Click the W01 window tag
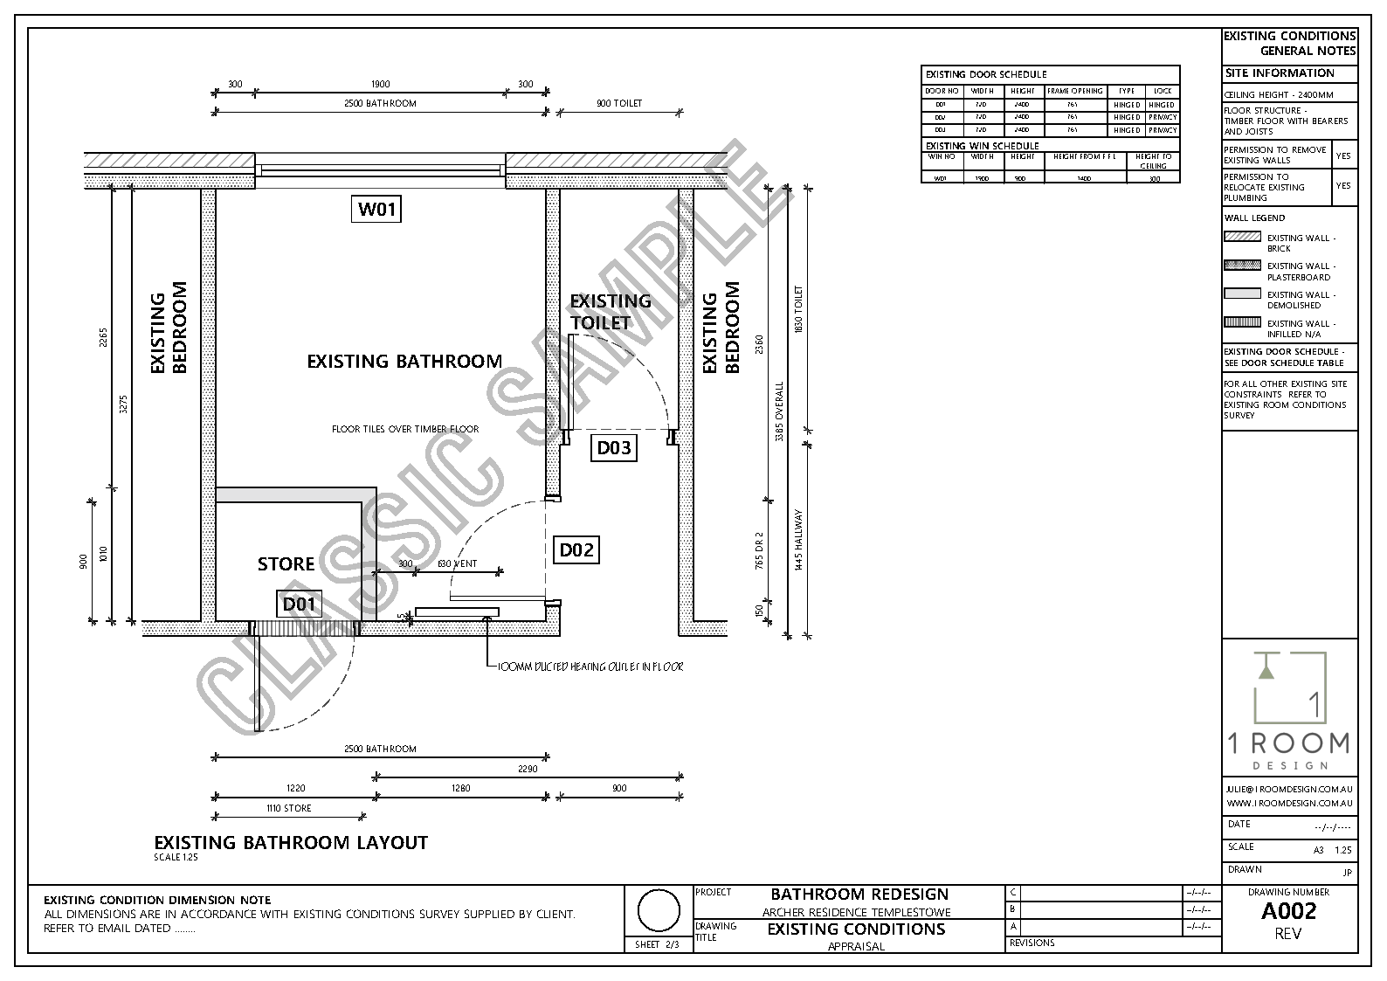click(376, 210)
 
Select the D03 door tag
click(613, 448)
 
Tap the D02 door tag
click(576, 549)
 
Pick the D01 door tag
click(300, 604)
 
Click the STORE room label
click(286, 564)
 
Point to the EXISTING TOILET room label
click(611, 311)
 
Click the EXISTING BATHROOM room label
click(404, 361)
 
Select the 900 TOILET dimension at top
click(619, 104)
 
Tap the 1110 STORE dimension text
click(288, 808)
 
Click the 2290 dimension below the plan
click(527, 770)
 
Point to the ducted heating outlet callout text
click(590, 667)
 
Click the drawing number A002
click(1288, 911)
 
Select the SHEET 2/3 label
click(657, 944)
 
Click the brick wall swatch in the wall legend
click(1242, 237)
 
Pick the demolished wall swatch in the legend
click(1242, 294)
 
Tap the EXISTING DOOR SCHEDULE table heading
click(986, 74)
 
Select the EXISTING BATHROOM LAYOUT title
click(291, 842)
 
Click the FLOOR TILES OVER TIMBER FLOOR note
click(405, 429)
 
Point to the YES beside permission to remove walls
click(1343, 155)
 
